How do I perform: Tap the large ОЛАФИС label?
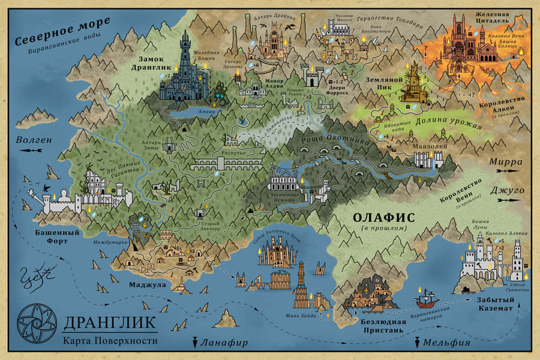[x=383, y=217]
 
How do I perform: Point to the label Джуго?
[x=508, y=190]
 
